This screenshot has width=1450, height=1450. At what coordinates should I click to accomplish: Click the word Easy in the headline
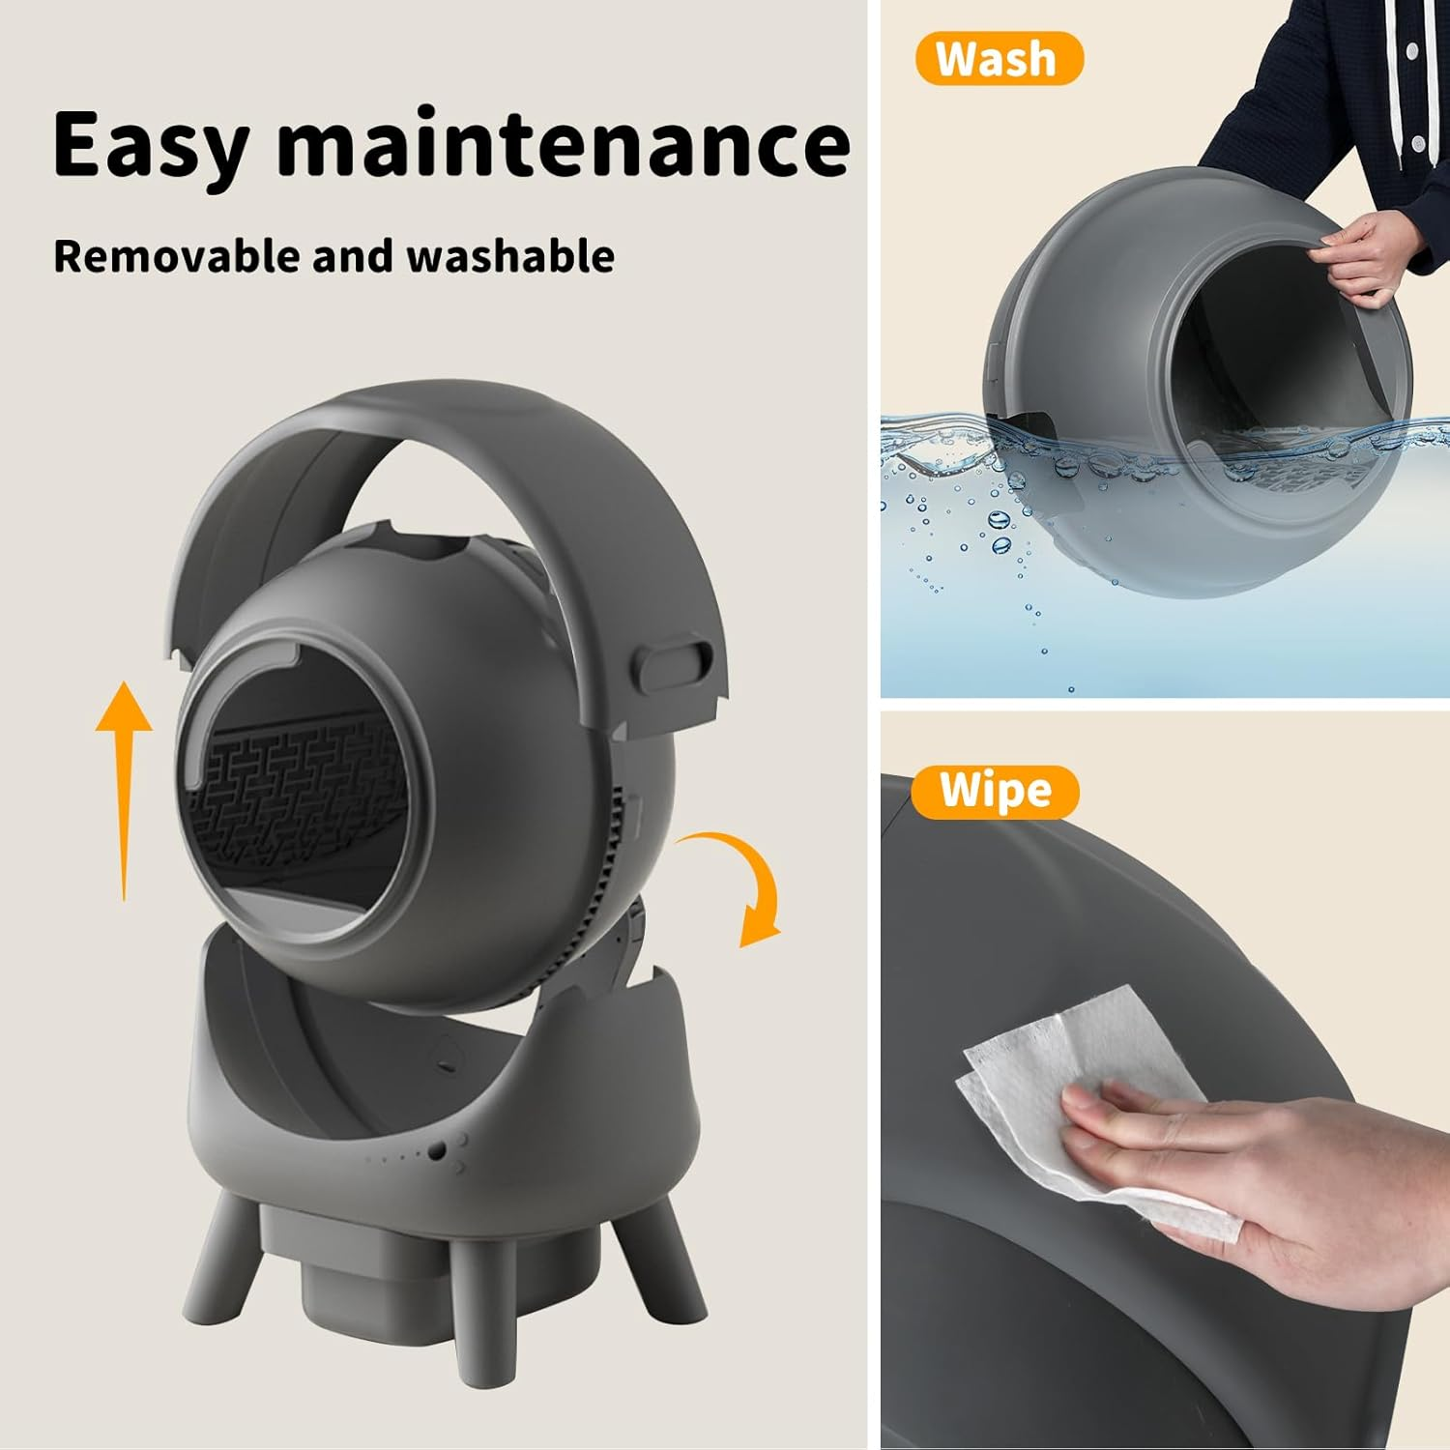(150, 145)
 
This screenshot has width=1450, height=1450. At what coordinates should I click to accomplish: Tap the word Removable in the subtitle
(174, 257)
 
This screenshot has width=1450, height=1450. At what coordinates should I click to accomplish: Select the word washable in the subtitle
(509, 257)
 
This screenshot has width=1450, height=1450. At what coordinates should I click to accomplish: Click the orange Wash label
(998, 59)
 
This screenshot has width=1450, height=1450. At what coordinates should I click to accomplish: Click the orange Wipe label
(995, 791)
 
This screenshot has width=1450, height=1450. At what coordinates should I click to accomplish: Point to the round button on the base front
(438, 1150)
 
